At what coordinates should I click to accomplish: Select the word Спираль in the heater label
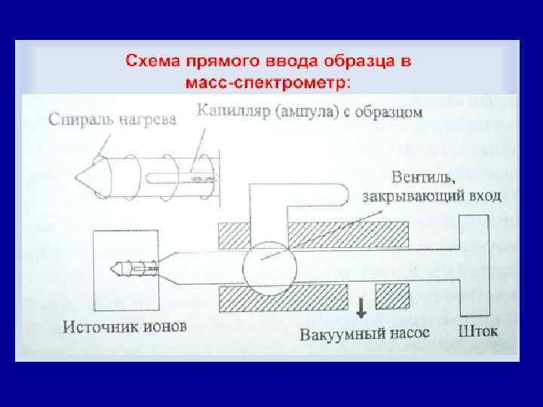78,118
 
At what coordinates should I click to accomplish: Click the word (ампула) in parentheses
309,113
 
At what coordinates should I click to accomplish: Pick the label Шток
477,331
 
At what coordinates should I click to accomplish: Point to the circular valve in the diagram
263,262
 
